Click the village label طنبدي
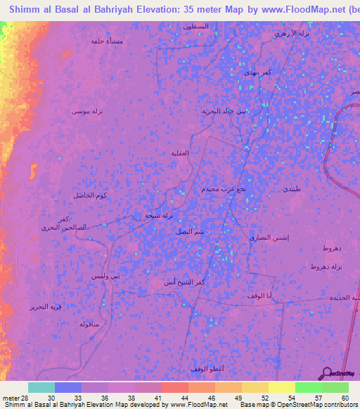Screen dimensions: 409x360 pos(291,190)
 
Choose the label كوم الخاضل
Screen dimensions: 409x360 pos(89,195)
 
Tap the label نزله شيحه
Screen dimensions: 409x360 pos(157,216)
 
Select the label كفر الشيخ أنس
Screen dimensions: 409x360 pos(184,282)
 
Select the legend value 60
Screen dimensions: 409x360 pos(344,398)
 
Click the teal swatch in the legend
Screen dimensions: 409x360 pos(41,387)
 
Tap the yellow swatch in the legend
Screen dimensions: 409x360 pos(282,387)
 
